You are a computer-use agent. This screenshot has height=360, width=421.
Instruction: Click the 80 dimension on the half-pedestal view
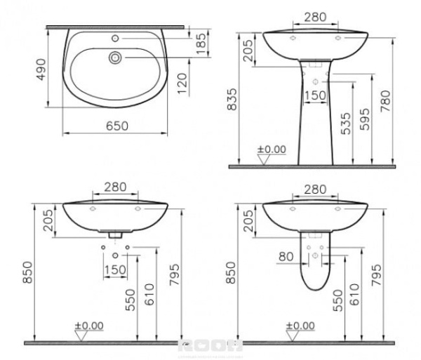point(286,256)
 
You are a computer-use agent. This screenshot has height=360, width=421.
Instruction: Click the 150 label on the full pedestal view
point(317,95)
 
